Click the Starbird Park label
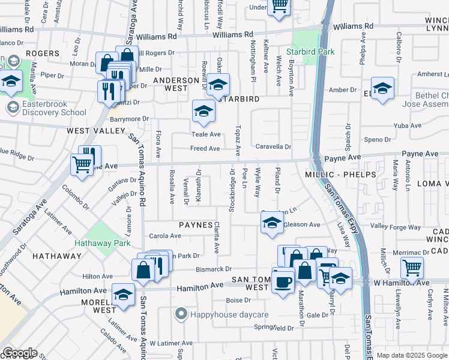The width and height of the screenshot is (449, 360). coord(313,52)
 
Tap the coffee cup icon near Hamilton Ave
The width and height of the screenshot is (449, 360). coord(283,281)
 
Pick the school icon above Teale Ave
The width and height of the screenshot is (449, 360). coord(203,111)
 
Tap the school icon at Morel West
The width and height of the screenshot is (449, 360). coord(123,296)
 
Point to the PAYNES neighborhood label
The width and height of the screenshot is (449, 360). coord(195,225)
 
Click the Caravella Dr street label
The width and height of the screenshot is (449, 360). coord(273,146)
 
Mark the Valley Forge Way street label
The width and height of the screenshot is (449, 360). coord(396,227)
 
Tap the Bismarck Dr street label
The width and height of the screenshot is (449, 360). coord(212,269)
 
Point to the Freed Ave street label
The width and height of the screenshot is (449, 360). coord(205,148)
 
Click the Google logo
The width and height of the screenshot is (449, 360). coord(20,353)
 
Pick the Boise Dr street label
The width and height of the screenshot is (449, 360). coord(238,300)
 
